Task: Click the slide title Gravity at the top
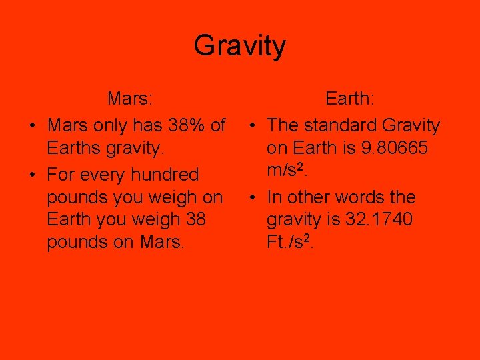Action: pyautogui.click(x=240, y=46)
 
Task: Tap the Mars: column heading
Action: pyautogui.click(x=131, y=99)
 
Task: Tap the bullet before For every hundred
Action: pyautogui.click(x=31, y=175)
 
